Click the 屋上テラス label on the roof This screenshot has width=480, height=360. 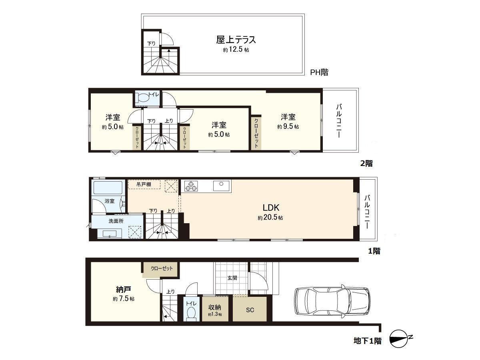[236, 40]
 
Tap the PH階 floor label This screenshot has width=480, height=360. [319, 72]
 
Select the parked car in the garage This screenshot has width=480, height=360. [332, 301]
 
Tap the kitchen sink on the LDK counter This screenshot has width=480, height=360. [221, 186]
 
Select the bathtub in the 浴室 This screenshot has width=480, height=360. [108, 188]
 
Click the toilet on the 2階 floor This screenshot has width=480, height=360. [142, 98]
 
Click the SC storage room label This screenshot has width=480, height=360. [250, 310]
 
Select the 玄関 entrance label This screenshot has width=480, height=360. [232, 278]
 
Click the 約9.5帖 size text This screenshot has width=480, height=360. [288, 126]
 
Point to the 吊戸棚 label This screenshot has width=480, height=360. [143, 184]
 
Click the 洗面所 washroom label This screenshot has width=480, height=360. [116, 221]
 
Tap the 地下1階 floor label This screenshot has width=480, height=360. [367, 341]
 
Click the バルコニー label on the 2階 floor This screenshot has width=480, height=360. [339, 120]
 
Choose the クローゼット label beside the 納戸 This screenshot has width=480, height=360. [162, 268]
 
